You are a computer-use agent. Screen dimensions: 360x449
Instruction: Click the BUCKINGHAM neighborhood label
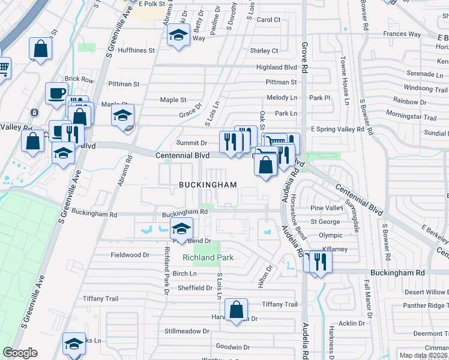click(208, 185)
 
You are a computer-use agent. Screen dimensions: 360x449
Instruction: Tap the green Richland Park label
click(208, 258)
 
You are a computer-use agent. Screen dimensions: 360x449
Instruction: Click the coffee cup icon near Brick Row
click(57, 94)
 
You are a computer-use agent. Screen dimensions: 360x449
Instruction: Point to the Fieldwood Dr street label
click(130, 255)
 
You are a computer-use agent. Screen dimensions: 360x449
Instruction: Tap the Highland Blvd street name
click(277, 68)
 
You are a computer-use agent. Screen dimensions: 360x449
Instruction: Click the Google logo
click(20, 353)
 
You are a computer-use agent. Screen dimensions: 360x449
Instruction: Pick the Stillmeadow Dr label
click(187, 331)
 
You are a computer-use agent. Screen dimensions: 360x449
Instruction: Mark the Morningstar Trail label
click(411, 116)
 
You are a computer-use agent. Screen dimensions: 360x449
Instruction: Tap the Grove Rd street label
click(304, 58)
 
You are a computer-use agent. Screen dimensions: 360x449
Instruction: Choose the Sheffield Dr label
click(193, 288)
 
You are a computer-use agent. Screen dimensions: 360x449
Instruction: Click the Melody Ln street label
click(282, 98)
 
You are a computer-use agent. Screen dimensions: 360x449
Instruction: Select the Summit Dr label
click(191, 143)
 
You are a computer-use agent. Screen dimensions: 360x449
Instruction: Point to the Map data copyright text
click(424, 355)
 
